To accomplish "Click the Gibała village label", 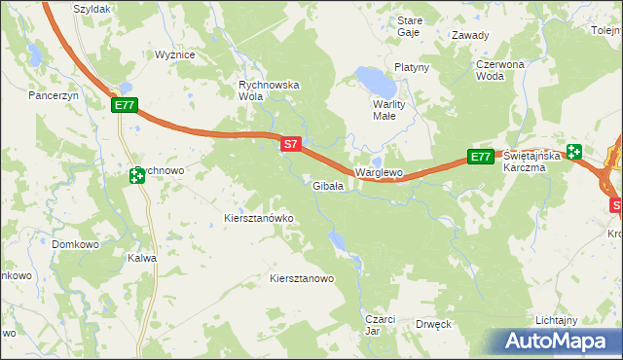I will point(327,186).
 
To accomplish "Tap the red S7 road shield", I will point(290,144).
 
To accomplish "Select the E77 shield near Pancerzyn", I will point(125,105).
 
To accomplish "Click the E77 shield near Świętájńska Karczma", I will point(480,157).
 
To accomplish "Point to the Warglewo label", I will point(379,172).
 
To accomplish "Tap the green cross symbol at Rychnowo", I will point(135,176).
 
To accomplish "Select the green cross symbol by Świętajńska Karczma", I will point(574,152).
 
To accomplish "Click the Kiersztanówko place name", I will point(259,219).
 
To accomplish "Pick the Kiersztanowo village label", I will point(302,278).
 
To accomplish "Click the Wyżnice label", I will point(176,55).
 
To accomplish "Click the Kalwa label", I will point(142,259).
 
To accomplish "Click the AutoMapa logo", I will point(559,342).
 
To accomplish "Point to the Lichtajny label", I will point(558,320).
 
